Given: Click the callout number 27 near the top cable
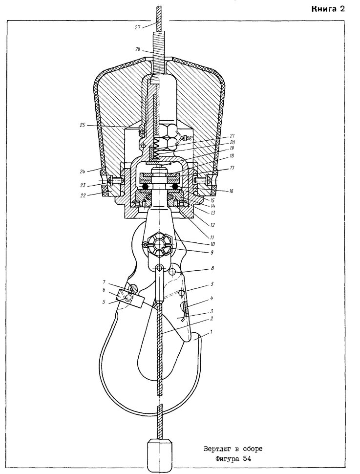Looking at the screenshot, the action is [x=138, y=27].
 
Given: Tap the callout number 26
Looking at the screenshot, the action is [x=138, y=49].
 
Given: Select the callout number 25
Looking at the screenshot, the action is [x=82, y=125].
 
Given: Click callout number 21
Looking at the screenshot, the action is [x=232, y=136].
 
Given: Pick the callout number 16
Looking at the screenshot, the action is [x=231, y=191].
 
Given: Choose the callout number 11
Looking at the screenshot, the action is [x=212, y=237].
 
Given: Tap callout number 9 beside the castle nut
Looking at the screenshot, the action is [x=212, y=252].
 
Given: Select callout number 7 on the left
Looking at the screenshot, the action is [x=104, y=282].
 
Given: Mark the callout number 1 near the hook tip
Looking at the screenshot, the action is [x=212, y=332].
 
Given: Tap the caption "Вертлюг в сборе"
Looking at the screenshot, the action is [x=233, y=449].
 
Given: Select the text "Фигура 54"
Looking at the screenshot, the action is [x=233, y=459].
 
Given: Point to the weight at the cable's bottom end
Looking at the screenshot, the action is [x=160, y=455].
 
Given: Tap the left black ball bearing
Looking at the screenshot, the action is [x=146, y=187].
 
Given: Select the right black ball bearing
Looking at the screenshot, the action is [x=175, y=187].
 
